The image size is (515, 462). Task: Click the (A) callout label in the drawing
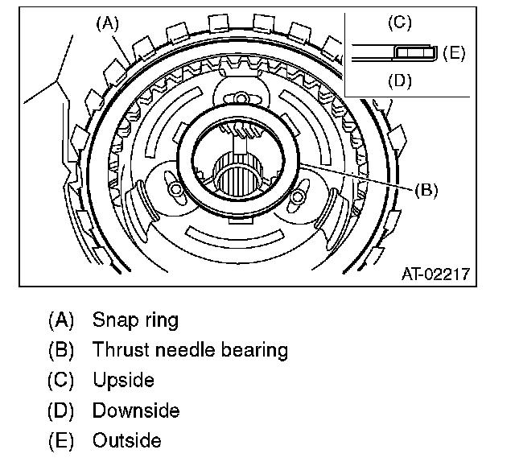click(107, 23)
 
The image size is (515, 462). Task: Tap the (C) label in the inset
click(400, 23)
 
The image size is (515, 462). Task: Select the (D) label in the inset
click(400, 80)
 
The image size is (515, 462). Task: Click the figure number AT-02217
click(435, 274)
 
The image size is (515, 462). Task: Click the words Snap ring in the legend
click(135, 320)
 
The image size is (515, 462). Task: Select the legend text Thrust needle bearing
click(190, 350)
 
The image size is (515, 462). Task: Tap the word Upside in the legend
click(123, 380)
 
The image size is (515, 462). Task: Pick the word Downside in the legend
click(136, 410)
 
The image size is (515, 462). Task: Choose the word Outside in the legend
click(127, 441)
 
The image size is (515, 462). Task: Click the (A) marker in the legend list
click(61, 320)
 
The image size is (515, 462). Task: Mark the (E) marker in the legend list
click(61, 441)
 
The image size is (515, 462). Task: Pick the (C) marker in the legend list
click(61, 380)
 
